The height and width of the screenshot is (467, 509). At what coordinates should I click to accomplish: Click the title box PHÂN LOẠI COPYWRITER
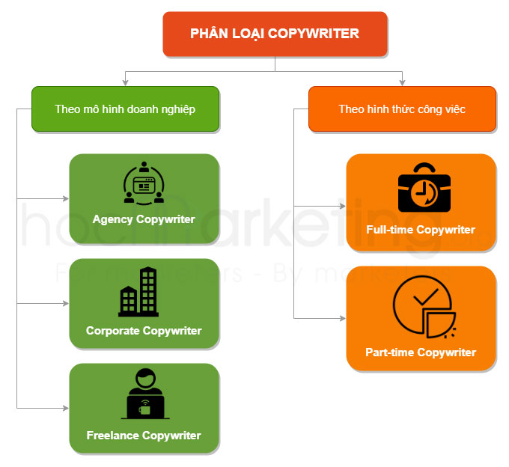275,34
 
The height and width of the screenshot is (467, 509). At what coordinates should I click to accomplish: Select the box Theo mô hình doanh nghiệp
125,109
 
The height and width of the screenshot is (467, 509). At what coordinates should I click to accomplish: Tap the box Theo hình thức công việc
402,109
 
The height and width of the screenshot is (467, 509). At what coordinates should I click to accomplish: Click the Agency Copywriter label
144,219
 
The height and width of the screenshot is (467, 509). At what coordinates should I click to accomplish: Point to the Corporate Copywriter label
144,331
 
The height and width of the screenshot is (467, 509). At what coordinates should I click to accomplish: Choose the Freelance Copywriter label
144,435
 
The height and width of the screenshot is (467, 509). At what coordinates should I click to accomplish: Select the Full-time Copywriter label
421,230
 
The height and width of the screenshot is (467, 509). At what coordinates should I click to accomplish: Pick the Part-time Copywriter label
421,352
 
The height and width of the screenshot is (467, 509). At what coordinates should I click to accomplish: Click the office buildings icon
138,293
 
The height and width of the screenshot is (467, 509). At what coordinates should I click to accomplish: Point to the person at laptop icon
144,394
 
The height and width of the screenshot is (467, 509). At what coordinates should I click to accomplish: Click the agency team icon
143,183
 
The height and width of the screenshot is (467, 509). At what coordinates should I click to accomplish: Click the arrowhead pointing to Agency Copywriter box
65,199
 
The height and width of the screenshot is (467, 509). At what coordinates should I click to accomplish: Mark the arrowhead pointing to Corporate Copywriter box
65,304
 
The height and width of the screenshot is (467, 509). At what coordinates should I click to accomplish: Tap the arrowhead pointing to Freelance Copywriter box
65,408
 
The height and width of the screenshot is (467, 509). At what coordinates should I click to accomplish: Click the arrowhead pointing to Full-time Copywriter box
342,207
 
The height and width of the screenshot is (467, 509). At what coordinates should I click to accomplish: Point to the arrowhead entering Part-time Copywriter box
342,319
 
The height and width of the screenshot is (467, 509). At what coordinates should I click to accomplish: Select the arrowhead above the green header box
125,82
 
